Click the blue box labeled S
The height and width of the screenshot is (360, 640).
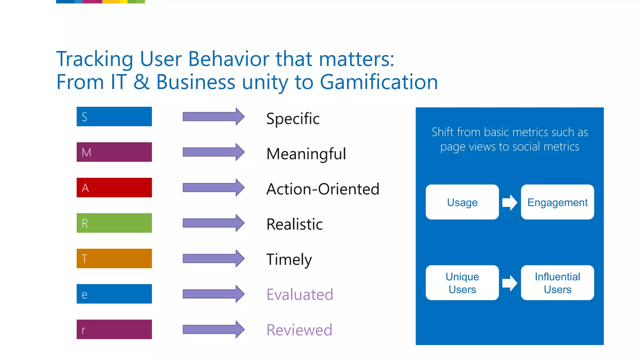click(114, 117)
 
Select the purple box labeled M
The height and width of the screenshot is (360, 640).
click(114, 152)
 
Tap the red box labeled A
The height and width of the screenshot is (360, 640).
click(114, 187)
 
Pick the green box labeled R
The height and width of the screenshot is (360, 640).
click(114, 223)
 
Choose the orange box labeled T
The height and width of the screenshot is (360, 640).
click(114, 258)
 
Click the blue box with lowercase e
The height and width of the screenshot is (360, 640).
click(114, 294)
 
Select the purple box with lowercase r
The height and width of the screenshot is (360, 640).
click(114, 329)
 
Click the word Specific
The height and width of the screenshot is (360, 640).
click(293, 119)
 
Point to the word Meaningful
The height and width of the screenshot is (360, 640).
click(306, 154)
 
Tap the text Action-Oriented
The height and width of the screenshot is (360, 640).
click(322, 189)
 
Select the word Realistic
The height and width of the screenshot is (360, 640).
click(294, 224)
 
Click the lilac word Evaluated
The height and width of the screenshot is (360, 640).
click(300, 295)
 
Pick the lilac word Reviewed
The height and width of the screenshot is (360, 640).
click(299, 330)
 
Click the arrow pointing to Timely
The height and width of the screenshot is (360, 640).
click(214, 258)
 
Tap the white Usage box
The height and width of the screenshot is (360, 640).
click(462, 202)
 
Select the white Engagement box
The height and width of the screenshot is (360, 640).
click(557, 202)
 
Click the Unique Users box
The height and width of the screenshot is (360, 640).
click(462, 283)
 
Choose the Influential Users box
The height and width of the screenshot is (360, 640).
click(557, 283)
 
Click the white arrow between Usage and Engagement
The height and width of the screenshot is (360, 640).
click(509, 202)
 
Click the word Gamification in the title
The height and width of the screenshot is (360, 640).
click(378, 82)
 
